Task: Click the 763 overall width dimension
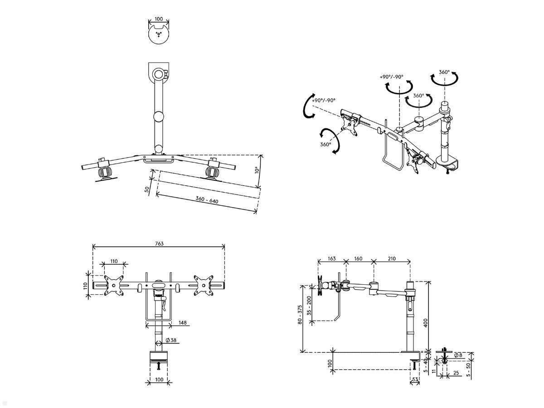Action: pyautogui.click(x=159, y=243)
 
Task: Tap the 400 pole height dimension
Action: pyautogui.click(x=426, y=323)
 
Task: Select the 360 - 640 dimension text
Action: pyautogui.click(x=207, y=199)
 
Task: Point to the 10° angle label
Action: pyautogui.click(x=257, y=170)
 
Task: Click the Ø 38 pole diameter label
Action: pyautogui.click(x=171, y=340)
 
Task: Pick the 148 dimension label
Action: pyautogui.click(x=182, y=323)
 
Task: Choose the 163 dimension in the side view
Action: pyautogui.click(x=331, y=258)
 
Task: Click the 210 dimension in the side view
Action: pyautogui.click(x=392, y=258)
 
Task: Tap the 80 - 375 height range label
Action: pyautogui.click(x=300, y=315)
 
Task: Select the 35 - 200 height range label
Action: pyautogui.click(x=309, y=306)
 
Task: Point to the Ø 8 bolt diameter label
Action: pyautogui.click(x=458, y=355)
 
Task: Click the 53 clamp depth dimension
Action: pyautogui.click(x=415, y=379)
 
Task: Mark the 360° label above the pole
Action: pyautogui.click(x=444, y=72)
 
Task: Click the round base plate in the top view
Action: pyautogui.click(x=159, y=34)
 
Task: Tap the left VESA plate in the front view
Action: pyautogui.click(x=114, y=286)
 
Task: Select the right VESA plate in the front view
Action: pyautogui.click(x=204, y=286)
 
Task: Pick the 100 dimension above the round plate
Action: pyautogui.click(x=159, y=19)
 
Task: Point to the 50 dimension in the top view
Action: pyautogui.click(x=147, y=189)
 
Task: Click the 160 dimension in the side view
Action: pyautogui.click(x=359, y=258)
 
